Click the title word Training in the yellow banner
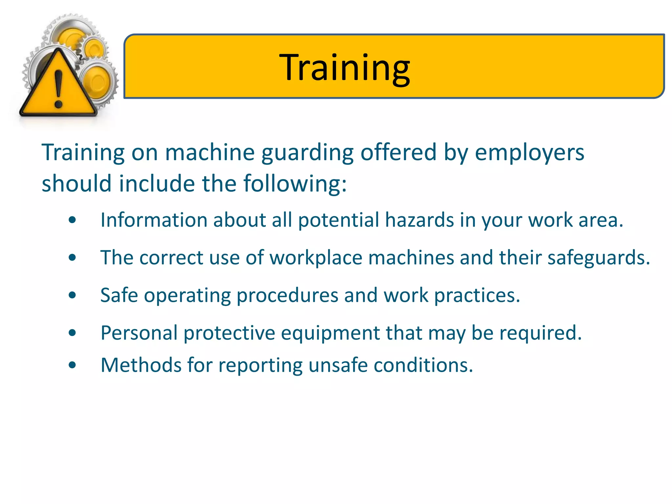[x=344, y=68]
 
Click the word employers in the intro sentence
[x=529, y=153]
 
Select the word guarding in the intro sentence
[x=307, y=153]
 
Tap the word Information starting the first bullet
[x=154, y=220]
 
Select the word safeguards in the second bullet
[x=598, y=258]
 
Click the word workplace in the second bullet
[x=316, y=258]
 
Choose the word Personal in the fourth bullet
[x=139, y=333]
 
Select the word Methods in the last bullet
[x=141, y=365]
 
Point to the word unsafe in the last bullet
[x=338, y=365]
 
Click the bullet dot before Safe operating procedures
[x=73, y=295]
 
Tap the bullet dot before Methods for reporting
[x=73, y=365]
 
